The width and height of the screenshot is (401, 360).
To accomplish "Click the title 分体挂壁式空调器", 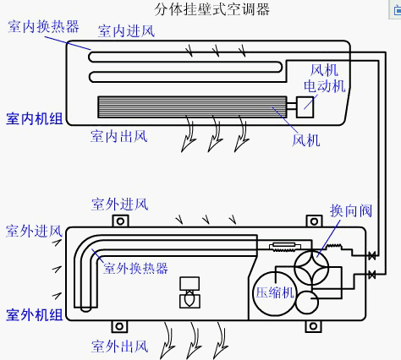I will [200, 9].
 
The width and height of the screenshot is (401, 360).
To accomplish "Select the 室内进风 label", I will [126, 32].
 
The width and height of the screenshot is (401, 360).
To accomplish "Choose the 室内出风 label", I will [119, 135].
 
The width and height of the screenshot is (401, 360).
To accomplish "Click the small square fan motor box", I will [304, 107].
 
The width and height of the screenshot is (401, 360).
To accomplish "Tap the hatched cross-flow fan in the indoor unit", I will [193, 107].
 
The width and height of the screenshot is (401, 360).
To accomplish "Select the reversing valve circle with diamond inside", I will [319, 265].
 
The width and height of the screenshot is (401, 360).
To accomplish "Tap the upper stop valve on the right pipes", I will [371, 255].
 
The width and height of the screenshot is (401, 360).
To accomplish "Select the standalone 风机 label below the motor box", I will [305, 139].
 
